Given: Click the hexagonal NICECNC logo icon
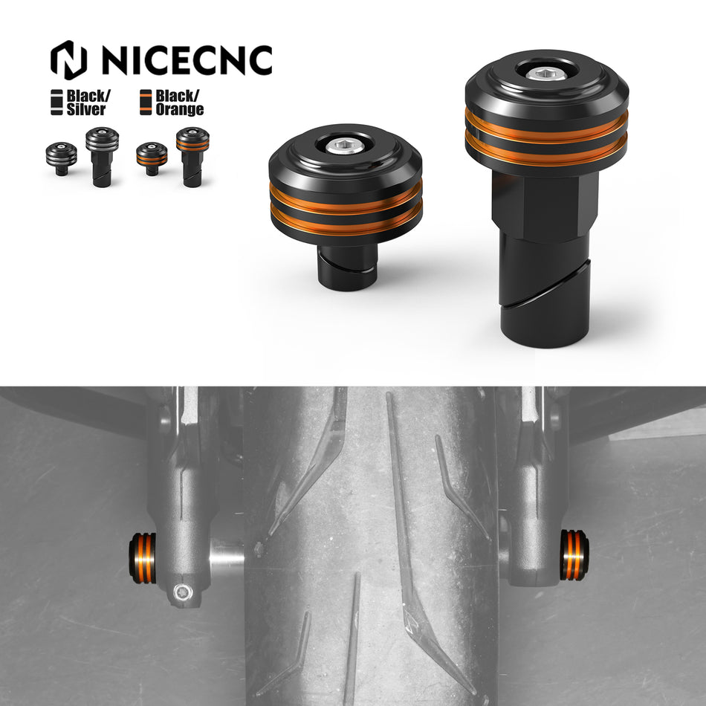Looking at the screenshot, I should [x=68, y=60].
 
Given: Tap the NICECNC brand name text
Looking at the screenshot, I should [x=186, y=61].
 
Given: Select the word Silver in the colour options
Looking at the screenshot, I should [x=86, y=110].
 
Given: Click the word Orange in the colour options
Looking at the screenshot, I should [x=179, y=110].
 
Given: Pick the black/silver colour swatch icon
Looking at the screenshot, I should [x=56, y=103].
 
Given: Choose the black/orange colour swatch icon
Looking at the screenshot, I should [x=146, y=103].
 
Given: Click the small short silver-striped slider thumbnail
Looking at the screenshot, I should [x=61, y=158].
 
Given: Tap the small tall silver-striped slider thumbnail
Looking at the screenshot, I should [x=102, y=156].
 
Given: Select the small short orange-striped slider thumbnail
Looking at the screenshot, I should [x=152, y=158].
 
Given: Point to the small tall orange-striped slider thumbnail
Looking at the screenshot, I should [x=192, y=156].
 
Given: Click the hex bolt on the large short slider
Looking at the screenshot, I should [x=346, y=146].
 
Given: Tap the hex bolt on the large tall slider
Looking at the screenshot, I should [x=546, y=73].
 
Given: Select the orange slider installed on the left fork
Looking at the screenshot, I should [x=143, y=557].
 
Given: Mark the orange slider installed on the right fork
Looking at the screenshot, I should [x=574, y=554].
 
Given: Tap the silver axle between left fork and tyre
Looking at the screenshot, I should [x=227, y=554].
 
